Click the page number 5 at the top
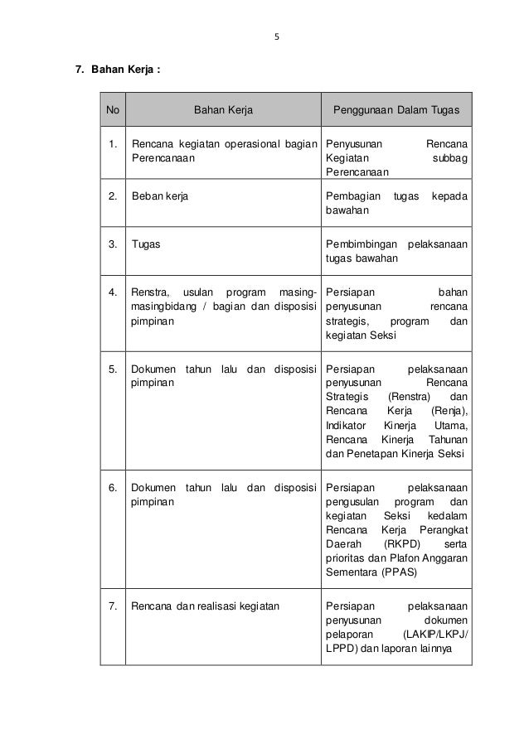[278, 36]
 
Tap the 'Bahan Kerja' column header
[223, 109]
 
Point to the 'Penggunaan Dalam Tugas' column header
[396, 109]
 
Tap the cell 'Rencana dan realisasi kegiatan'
[206, 606]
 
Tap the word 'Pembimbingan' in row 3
[358, 244]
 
